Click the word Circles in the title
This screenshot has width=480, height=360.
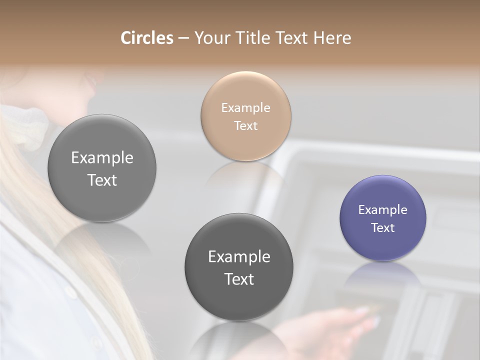pyautogui.click(x=146, y=38)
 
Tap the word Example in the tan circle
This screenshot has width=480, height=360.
pyautogui.click(x=245, y=107)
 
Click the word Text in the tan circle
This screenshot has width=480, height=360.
pyautogui.click(x=245, y=125)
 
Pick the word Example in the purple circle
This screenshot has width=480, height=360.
pyautogui.click(x=382, y=209)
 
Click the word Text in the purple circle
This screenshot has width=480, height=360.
pyautogui.click(x=382, y=227)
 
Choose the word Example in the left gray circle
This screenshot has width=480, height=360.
pyautogui.click(x=102, y=157)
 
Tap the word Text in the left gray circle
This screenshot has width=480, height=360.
pyautogui.click(x=102, y=180)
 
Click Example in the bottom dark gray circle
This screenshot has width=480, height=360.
pyautogui.click(x=239, y=256)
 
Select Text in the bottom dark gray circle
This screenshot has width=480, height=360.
pyautogui.click(x=239, y=279)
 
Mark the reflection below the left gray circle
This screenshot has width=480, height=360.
pyautogui.click(x=102, y=240)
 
